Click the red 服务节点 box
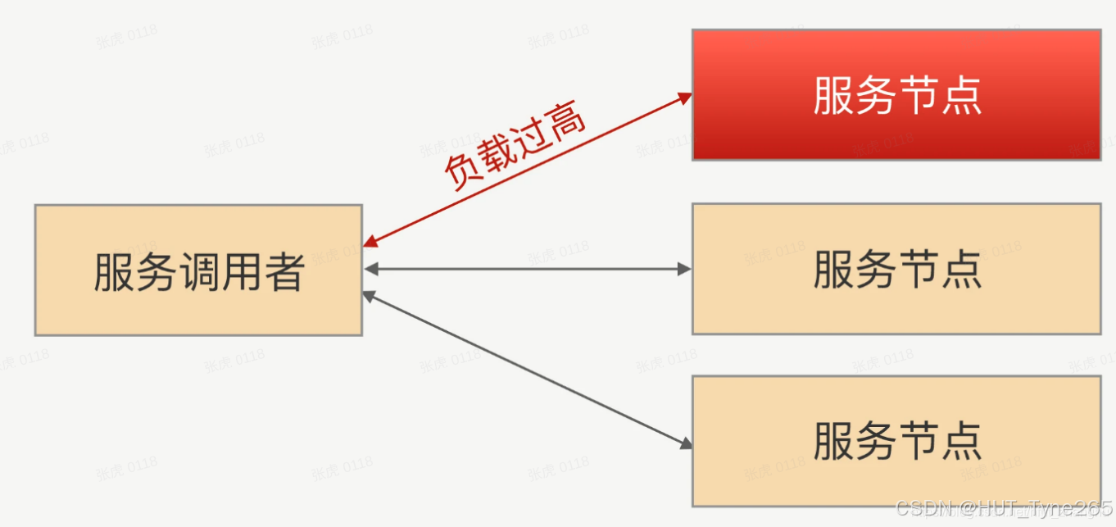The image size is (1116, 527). click(x=896, y=94)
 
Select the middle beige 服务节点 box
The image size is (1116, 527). click(x=896, y=269)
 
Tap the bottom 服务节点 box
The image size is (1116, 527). click(x=896, y=441)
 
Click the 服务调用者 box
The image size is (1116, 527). click(x=198, y=270)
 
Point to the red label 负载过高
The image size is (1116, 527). click(x=515, y=148)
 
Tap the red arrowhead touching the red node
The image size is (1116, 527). click(x=686, y=98)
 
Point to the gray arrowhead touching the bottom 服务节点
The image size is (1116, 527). click(x=686, y=443)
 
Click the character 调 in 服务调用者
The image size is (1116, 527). click(x=199, y=271)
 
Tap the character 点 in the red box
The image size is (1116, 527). click(x=962, y=95)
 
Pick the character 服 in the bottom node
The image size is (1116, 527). click(x=832, y=441)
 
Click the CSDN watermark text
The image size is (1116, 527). click(x=1004, y=508)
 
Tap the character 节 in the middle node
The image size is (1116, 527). click(x=919, y=269)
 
